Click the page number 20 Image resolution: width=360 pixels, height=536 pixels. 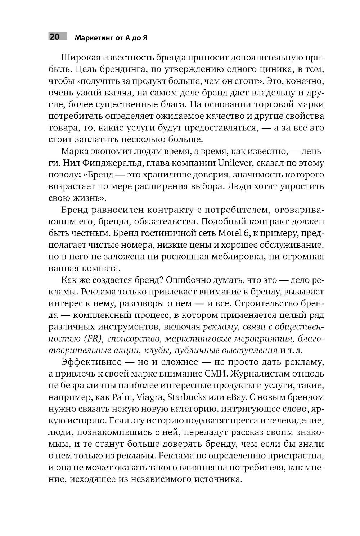click(55, 37)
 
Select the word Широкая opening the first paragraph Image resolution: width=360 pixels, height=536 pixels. click(80, 58)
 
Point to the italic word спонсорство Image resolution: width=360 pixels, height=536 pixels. click(128, 338)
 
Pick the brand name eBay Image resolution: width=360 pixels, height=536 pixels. click(231, 397)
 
